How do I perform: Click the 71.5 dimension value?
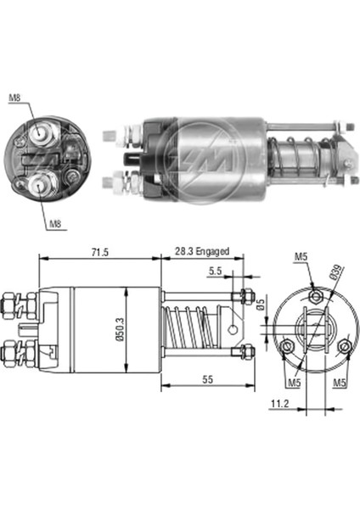(99, 252)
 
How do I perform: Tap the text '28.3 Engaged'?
(202, 251)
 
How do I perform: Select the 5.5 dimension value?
(215, 271)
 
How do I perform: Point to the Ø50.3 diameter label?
(121, 329)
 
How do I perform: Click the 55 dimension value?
(208, 379)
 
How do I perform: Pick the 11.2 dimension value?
(280, 404)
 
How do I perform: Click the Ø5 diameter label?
(261, 305)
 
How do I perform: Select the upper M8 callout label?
(14, 98)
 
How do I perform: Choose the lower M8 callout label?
(55, 224)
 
